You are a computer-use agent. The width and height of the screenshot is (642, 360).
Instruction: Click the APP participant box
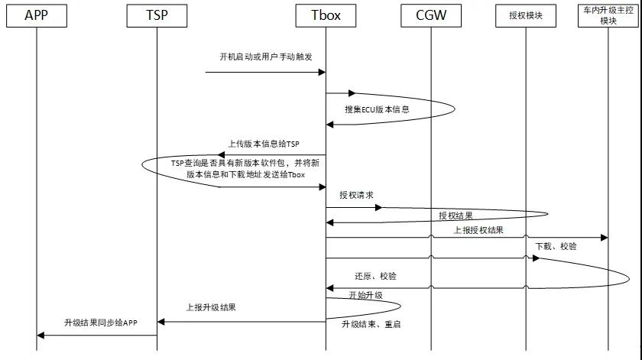(36, 15)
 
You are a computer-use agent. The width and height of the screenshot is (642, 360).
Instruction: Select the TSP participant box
(156, 15)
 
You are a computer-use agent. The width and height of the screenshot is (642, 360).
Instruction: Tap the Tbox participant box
(326, 15)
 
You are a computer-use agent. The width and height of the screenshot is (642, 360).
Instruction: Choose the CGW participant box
(430, 15)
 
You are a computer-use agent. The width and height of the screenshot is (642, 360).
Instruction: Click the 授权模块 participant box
(526, 15)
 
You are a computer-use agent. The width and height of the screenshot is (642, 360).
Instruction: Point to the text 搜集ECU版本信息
(377, 109)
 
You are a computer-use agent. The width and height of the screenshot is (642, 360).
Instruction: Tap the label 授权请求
(356, 195)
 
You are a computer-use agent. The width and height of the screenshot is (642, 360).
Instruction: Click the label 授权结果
(456, 216)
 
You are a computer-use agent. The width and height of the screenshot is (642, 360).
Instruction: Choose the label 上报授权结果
(478, 229)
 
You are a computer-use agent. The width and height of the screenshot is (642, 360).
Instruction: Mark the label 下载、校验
(556, 246)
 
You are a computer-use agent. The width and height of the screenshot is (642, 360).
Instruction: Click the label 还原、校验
(375, 276)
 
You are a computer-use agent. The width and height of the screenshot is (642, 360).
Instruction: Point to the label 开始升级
(365, 294)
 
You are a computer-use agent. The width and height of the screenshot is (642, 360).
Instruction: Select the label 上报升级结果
(211, 307)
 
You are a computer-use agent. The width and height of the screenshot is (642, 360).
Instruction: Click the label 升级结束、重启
(371, 324)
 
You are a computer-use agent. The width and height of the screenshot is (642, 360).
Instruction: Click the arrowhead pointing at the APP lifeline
(41, 335)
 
